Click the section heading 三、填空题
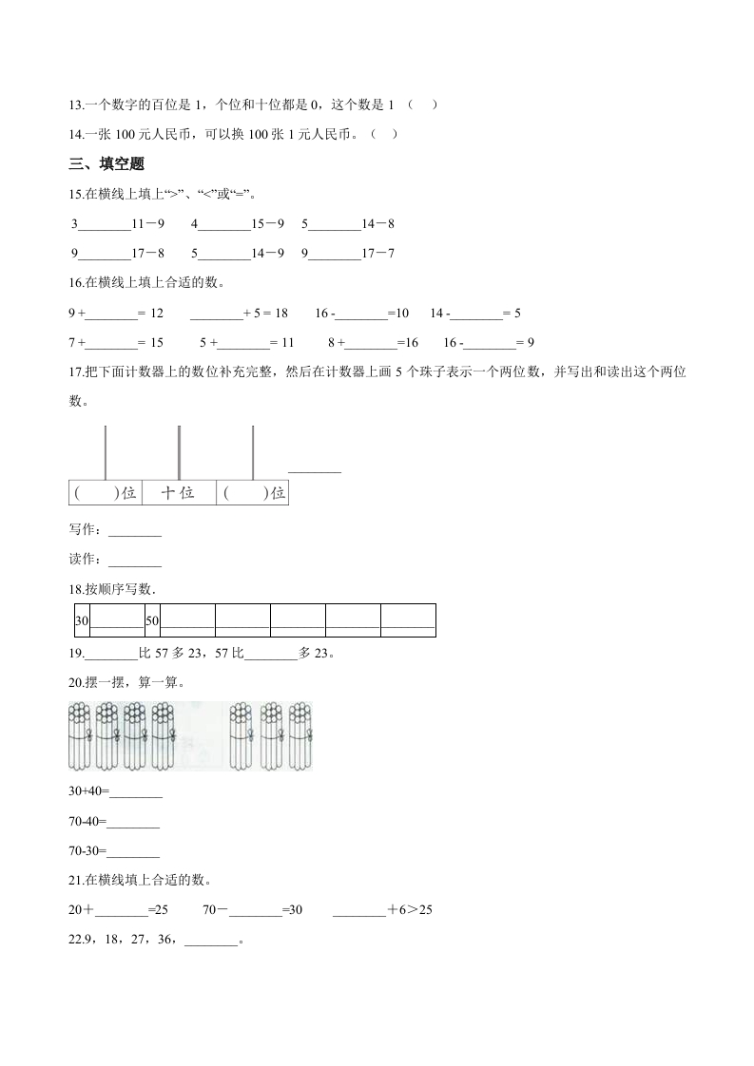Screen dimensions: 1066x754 pos(106,164)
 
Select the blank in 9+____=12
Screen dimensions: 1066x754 pos(112,314)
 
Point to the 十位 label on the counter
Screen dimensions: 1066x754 pos(178,493)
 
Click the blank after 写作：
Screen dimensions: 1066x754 pos(136,530)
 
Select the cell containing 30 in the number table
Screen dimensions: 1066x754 pos(81,620)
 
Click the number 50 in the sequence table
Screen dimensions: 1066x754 pos(152,620)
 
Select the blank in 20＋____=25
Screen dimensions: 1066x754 pos(122,910)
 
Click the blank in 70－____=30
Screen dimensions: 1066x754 pos(256,910)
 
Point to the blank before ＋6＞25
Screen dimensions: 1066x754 pos(359,910)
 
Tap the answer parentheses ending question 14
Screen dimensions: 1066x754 pos(383,134)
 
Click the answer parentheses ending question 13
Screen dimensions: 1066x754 pos(422,105)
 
